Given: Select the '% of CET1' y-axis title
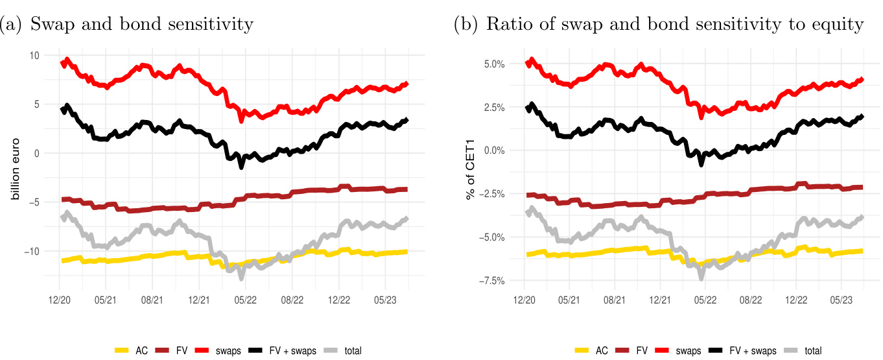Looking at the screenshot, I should coord(472,173).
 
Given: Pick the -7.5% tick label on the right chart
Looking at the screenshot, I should coord(491,280).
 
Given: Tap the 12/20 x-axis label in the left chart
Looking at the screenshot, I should coord(60,301).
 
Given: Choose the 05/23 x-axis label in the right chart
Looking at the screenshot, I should coord(841,301).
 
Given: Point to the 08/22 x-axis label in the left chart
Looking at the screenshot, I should coord(292,301).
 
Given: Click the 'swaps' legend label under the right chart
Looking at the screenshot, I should coord(687,351).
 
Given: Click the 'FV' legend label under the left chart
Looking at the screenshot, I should coord(182,351).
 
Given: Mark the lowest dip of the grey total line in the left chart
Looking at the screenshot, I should coord(241,278).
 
